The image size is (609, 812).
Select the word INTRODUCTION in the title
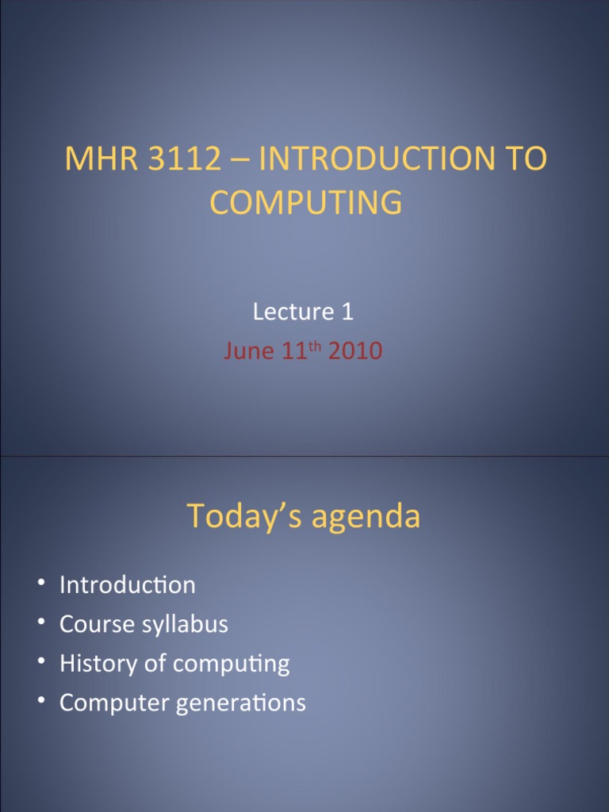pyautogui.click(x=381, y=159)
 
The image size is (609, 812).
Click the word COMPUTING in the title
pyautogui.click(x=305, y=203)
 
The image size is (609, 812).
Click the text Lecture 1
pyautogui.click(x=303, y=312)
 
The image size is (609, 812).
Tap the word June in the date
pyautogui.click(x=248, y=351)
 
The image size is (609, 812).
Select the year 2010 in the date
pyautogui.click(x=355, y=351)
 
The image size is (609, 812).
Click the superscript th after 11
pyautogui.click(x=316, y=347)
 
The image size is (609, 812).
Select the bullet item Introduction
pyautogui.click(x=127, y=585)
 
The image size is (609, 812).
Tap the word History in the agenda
pyautogui.click(x=91, y=664)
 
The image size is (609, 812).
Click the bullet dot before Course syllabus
pyautogui.click(x=40, y=624)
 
